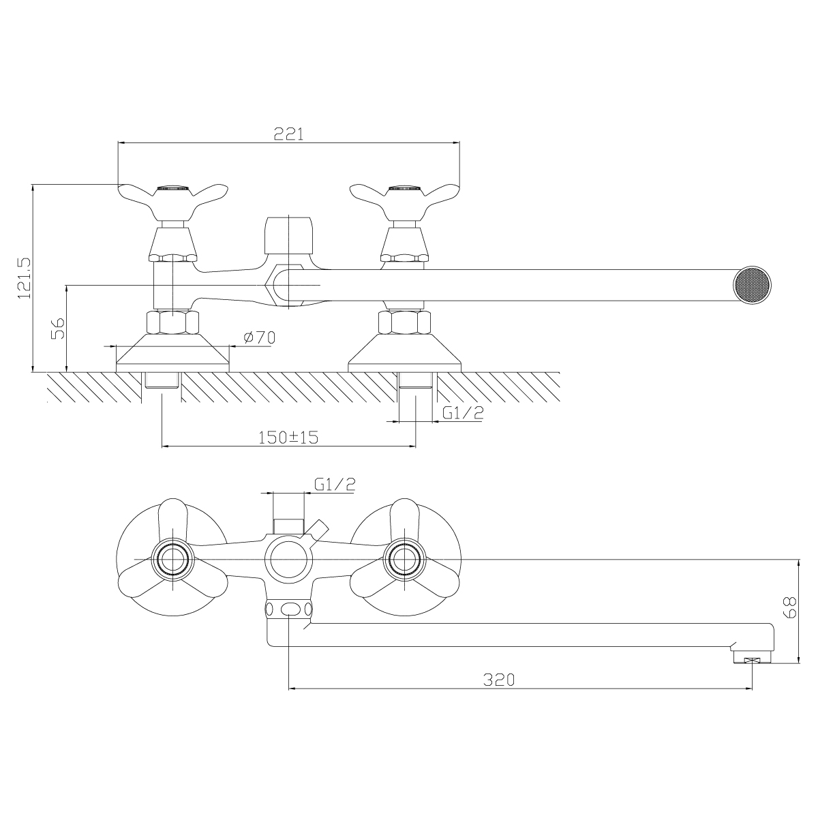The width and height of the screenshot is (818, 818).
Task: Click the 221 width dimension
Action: [288, 134]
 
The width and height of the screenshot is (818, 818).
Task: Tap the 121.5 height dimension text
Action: [24, 277]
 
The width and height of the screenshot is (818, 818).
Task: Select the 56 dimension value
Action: [58, 328]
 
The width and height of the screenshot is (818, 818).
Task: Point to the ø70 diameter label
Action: [259, 337]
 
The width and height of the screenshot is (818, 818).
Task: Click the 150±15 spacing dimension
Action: [288, 437]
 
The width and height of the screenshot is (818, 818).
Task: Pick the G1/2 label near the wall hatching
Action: [463, 412]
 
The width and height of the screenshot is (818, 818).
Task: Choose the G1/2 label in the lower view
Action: [335, 485]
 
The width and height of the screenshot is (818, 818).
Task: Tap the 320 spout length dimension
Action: [499, 680]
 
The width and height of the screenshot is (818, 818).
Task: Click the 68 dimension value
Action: [791, 607]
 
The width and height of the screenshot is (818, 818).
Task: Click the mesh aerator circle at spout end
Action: [752, 285]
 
